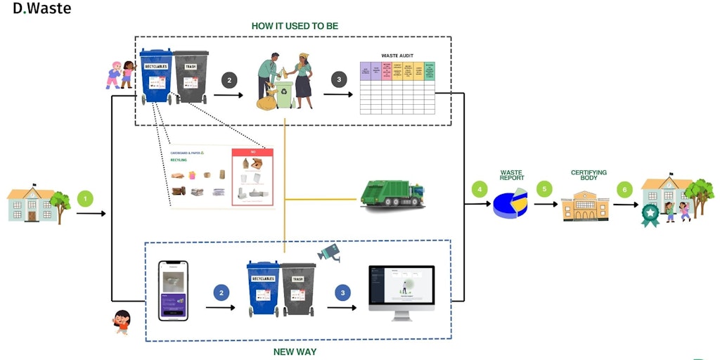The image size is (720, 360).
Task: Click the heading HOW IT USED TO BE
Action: [295, 26]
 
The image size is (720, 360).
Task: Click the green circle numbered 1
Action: [85, 198]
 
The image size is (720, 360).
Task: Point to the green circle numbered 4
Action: [480, 189]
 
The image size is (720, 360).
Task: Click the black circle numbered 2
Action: [229, 80]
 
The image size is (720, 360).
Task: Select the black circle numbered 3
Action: [340, 80]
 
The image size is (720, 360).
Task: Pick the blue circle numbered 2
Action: [221, 292]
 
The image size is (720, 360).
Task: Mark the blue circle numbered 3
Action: [342, 292]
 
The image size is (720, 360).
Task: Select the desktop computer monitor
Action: [401, 290]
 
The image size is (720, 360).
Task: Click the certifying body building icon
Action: [584, 206]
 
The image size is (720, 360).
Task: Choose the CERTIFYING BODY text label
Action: [589, 176]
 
